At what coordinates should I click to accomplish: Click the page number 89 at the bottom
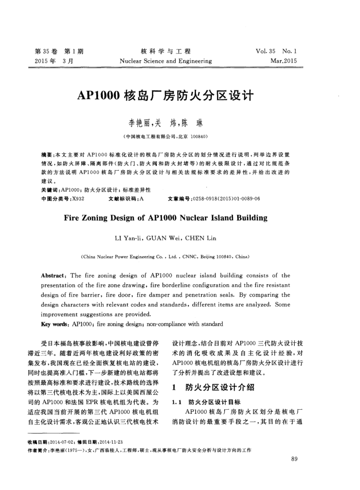294,459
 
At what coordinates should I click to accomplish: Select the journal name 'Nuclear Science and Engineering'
165,61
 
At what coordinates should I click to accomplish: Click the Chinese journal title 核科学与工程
165,51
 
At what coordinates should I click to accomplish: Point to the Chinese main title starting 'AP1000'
165,96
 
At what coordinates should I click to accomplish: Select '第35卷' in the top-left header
45,51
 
